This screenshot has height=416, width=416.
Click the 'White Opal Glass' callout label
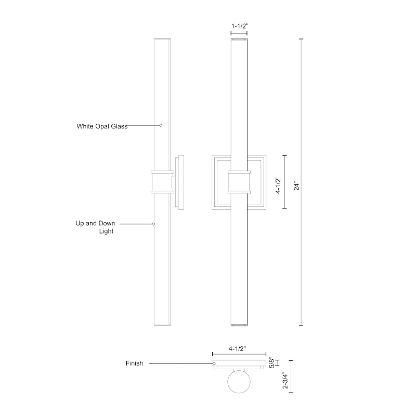pos(102,126)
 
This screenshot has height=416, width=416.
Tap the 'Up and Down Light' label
pos(96,227)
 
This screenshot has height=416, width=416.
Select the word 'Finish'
pos(134,363)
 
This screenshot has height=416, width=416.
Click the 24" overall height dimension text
pos(296,187)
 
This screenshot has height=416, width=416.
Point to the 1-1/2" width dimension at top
pos(240,27)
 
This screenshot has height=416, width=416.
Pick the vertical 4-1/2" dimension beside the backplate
pos(278,185)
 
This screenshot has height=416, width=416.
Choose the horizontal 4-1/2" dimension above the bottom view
pos(238,348)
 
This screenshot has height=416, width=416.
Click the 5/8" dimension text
pos(271,362)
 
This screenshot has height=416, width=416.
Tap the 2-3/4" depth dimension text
pos(285,380)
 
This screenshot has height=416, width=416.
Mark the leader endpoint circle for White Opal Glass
pos(161,125)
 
